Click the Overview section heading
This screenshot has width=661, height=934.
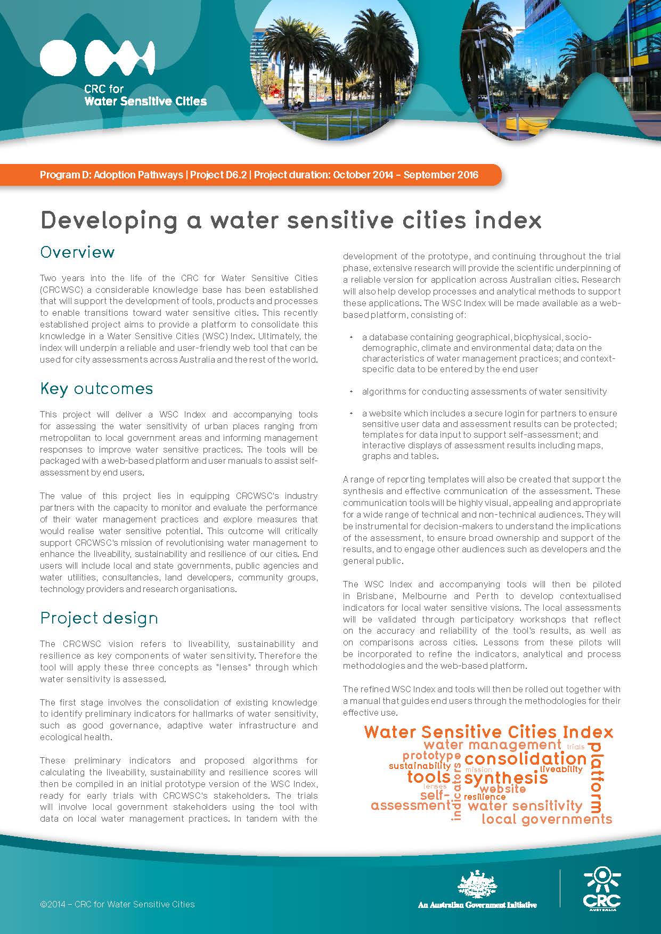pos(77,252)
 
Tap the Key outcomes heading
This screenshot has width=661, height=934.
pos(96,388)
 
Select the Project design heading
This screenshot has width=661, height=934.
pos(99,618)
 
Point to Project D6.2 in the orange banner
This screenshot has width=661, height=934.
pos(218,175)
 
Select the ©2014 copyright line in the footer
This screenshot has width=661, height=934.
pos(117,904)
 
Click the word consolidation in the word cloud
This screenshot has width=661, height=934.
pos(525,759)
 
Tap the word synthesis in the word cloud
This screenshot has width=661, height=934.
pos(505,778)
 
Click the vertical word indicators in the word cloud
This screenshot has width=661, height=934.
pos(456,791)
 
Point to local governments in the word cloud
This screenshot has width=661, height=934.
pos(546,819)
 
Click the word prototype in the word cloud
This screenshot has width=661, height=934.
pos(431,756)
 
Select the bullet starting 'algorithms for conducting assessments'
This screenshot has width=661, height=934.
pos(484,391)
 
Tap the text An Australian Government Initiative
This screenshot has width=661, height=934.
pos(477,904)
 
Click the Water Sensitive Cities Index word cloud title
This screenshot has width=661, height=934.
pos(488,732)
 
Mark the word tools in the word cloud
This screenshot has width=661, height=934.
pos(429,777)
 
